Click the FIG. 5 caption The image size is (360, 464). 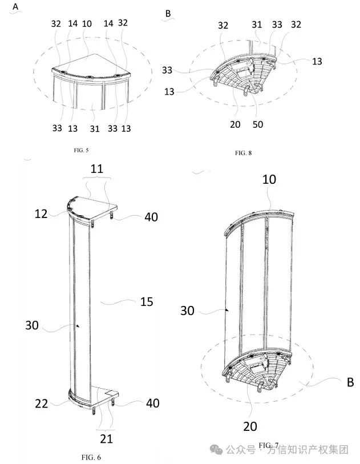(x=80, y=150)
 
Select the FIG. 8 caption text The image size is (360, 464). (x=243, y=153)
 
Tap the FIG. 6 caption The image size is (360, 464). (x=91, y=457)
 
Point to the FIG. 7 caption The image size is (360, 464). (x=268, y=445)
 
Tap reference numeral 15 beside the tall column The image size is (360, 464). (x=146, y=301)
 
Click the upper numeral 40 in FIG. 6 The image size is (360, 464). (x=151, y=217)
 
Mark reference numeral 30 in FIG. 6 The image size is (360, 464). (x=32, y=325)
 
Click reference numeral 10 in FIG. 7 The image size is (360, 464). (x=269, y=179)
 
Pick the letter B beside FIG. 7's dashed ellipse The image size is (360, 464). (x=350, y=382)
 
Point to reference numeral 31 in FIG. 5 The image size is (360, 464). (x=91, y=128)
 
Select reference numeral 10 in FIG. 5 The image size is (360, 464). (x=87, y=23)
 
